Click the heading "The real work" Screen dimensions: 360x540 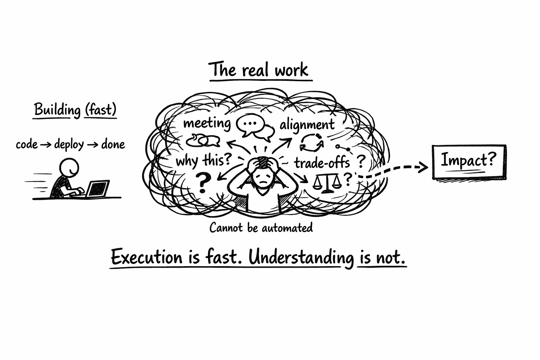click(x=259, y=70)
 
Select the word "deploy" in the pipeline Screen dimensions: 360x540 click(x=69, y=144)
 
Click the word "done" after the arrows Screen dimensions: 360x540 click(x=113, y=144)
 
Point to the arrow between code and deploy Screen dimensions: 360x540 click(x=46, y=145)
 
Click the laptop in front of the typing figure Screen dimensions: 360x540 click(x=98, y=188)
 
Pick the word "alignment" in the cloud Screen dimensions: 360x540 click(x=307, y=125)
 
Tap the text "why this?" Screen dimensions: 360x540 click(x=204, y=161)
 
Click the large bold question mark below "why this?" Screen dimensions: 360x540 click(x=202, y=182)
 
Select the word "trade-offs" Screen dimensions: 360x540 click(x=322, y=162)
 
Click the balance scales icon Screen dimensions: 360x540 click(x=327, y=183)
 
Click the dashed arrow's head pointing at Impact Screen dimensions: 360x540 click(x=423, y=168)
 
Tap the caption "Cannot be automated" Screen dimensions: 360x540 click(x=261, y=227)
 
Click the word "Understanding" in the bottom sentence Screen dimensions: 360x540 click(x=301, y=258)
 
